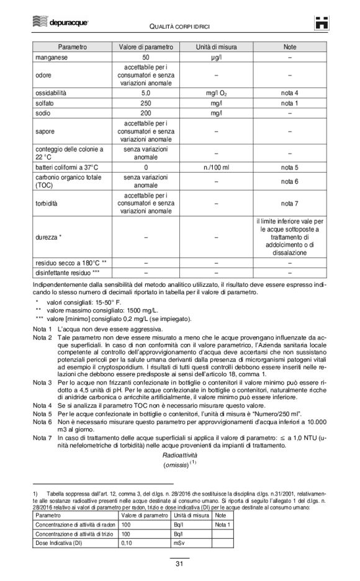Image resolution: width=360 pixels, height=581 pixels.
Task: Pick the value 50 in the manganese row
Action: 146,57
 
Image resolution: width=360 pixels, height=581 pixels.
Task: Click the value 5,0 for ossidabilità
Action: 146,92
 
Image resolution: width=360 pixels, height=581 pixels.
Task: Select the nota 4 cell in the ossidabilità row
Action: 289,92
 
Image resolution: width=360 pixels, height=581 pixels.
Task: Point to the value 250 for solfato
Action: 146,103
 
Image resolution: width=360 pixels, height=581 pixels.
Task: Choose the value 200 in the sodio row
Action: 146,114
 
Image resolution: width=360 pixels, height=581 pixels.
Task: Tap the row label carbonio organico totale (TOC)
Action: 68,181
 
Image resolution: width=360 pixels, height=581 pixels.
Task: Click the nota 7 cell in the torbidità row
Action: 289,203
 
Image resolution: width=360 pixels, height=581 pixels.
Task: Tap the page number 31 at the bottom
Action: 179,564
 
